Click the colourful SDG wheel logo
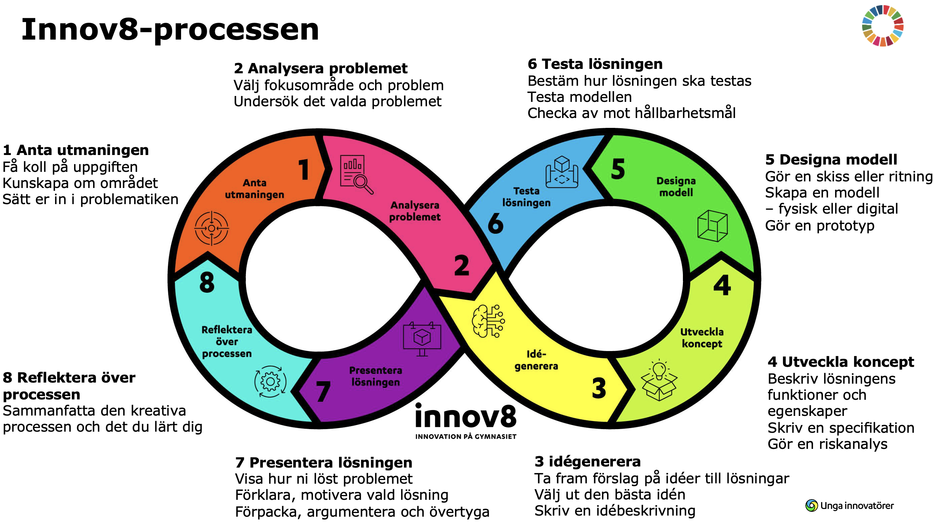click(x=883, y=26)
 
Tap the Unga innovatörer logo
click(x=849, y=506)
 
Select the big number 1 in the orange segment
click(x=304, y=169)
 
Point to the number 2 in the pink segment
click(x=462, y=266)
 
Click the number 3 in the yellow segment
click(x=599, y=388)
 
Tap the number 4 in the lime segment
click(x=722, y=285)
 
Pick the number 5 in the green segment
click(x=618, y=169)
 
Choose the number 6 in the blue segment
click(x=496, y=223)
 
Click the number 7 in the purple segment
click(x=323, y=391)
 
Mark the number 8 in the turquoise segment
click(x=207, y=282)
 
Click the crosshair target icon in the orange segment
click(x=212, y=228)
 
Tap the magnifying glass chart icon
click(x=356, y=174)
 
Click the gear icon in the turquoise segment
click(x=271, y=381)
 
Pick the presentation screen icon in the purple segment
click(x=422, y=339)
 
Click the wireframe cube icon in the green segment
click(x=712, y=226)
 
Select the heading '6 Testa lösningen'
click(x=595, y=64)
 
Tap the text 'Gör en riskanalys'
click(x=827, y=444)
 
